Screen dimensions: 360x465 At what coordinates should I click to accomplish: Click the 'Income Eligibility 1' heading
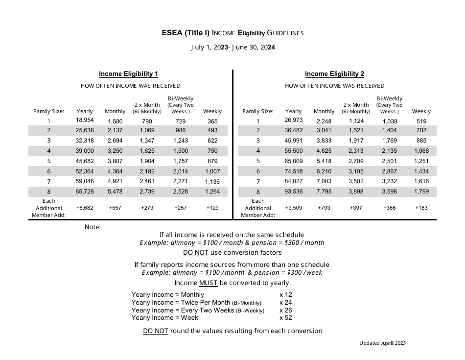tap(128, 74)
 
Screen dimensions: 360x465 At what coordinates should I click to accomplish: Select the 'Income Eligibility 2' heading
tap(334, 74)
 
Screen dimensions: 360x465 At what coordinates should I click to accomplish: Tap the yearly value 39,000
tap(85, 151)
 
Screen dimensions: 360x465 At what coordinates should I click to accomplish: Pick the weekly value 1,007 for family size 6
tap(212, 171)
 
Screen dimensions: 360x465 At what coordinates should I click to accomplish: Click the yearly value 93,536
tap(294, 192)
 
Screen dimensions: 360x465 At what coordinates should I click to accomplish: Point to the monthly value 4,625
tap(324, 151)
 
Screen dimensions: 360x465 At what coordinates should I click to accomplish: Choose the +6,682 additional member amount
tap(85, 208)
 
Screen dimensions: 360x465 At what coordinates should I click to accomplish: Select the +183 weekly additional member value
tap(421, 208)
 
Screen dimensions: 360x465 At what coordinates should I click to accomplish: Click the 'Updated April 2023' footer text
tap(382, 343)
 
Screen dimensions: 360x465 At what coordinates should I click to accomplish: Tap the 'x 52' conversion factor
tap(285, 318)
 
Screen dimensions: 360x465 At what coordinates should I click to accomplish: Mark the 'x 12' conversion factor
tap(285, 294)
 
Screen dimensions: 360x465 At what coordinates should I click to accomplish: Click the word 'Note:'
tap(93, 227)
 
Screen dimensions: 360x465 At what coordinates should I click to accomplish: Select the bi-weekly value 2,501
tap(389, 161)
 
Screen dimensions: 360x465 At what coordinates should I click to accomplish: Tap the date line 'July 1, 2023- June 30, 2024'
tap(232, 48)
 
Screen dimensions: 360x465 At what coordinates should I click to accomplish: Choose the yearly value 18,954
tap(85, 120)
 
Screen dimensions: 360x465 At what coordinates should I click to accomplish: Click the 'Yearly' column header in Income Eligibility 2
tap(294, 111)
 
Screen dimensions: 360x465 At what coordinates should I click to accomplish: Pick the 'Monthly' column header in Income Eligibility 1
tap(115, 111)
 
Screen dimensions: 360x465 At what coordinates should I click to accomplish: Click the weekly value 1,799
tap(421, 192)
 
